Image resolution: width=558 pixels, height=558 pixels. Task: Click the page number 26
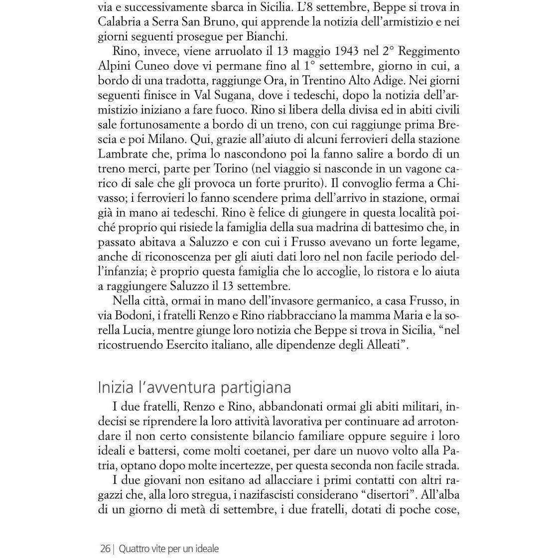(x=105, y=549)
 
